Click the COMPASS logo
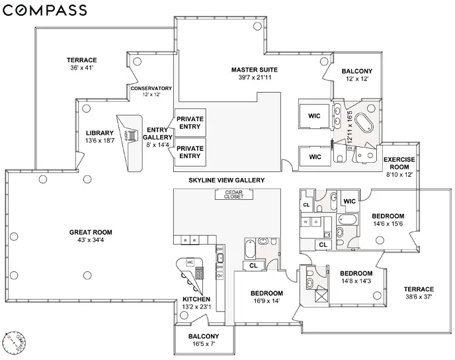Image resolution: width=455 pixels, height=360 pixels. coord(44,10)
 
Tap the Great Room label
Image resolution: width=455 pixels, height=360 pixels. coord(91,232)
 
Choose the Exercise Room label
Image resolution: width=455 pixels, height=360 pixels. coord(399,164)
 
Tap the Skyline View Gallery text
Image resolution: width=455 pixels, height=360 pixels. coord(226,180)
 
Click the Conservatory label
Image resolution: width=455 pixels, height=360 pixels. coord(151,88)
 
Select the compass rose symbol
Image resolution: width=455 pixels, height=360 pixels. coord(15,341)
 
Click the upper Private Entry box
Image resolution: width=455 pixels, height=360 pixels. coord(189,123)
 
